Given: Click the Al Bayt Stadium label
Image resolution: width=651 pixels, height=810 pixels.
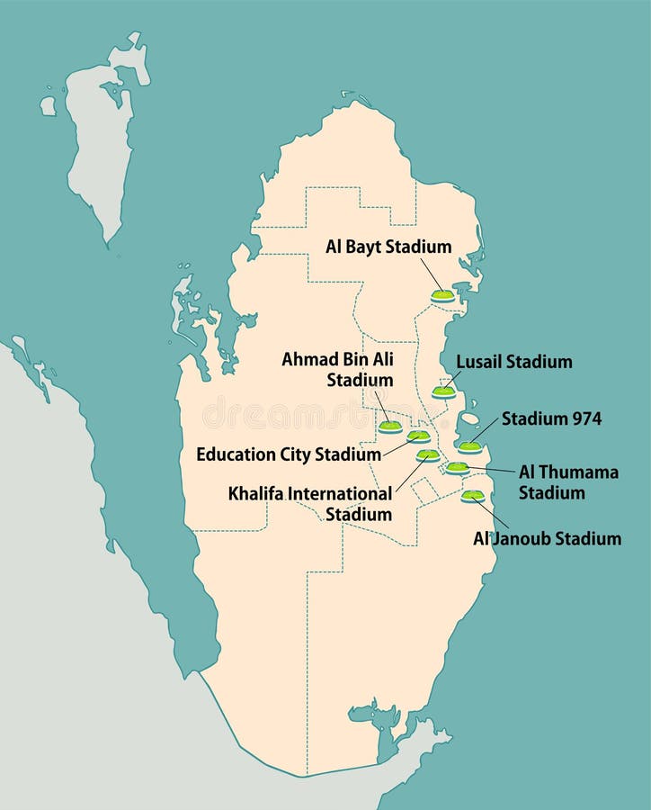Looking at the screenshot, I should pos(388,247).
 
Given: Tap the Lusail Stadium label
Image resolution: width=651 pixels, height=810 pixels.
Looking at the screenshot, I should pos(513,362).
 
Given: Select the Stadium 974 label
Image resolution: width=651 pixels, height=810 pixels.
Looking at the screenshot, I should pos(551,418).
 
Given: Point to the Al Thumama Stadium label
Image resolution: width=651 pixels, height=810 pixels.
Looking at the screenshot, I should pos(568,481).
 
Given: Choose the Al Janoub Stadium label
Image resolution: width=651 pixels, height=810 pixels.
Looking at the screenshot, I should pos(547,539).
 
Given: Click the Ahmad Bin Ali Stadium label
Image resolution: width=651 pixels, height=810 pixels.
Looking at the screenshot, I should pos(338,369).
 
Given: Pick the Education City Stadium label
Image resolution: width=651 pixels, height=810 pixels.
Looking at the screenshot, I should pos(289,454).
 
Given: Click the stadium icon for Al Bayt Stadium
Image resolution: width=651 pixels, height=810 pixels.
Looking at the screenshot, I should pos(442,294).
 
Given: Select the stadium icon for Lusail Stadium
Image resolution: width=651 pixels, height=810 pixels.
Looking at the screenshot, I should pos(443,391).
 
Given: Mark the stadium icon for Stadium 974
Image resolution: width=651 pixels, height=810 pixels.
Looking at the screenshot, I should pos(469,447).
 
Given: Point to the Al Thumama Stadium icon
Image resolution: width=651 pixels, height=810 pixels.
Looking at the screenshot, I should pos(458,467).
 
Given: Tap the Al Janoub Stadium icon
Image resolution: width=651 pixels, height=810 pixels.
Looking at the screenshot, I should pos(473,496).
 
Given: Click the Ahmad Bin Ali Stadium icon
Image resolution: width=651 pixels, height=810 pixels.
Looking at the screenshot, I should pos(389,427).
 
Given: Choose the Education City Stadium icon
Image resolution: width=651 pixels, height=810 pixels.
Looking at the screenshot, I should pos(418,436).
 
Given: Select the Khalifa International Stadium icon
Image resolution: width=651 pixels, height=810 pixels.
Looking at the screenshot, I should pos(428,455).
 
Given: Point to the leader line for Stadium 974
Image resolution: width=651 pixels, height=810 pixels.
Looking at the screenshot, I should pos(485,431).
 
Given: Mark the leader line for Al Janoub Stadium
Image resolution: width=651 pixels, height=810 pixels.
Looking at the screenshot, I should pos(492,514).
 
